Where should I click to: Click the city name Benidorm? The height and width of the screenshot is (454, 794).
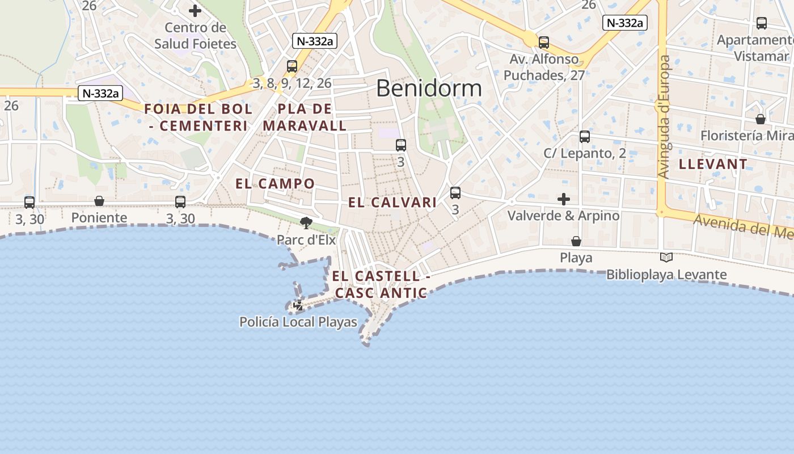[x=429, y=89]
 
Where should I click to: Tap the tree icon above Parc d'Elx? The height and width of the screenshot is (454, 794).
[x=306, y=222]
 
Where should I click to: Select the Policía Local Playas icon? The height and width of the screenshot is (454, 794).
[x=298, y=305]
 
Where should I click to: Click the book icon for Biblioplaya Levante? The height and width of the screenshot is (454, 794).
[x=666, y=257]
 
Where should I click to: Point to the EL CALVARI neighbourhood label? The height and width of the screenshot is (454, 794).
[x=392, y=203]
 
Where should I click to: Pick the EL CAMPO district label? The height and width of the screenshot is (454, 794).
[x=275, y=184]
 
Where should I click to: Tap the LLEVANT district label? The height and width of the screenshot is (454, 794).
[x=713, y=165]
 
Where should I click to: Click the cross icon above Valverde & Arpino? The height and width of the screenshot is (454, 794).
[x=563, y=199]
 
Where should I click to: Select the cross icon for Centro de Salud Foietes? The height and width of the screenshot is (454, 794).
[x=195, y=11]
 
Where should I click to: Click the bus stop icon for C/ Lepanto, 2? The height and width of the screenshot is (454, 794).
[x=585, y=137]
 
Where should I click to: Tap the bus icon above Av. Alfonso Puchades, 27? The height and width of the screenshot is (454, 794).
[x=544, y=42]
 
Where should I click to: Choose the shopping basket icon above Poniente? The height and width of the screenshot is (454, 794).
[x=99, y=201]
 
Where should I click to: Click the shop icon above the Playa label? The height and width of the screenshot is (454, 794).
[x=576, y=241]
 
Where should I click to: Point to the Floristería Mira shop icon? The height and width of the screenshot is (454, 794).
[x=761, y=119]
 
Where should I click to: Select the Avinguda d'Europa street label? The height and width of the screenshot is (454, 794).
[x=665, y=116]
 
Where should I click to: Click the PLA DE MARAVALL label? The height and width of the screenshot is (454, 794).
[x=305, y=117]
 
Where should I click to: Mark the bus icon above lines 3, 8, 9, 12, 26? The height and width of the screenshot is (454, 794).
[x=292, y=66]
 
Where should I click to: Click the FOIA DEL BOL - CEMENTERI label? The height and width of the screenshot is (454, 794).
[x=198, y=117]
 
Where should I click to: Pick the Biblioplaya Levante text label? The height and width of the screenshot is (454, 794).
[x=666, y=275]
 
